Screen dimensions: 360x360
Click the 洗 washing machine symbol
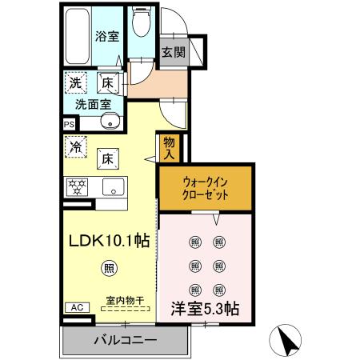pos(75,82)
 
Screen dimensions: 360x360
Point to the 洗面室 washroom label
pos(94,104)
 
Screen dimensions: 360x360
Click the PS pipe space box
pos(69,124)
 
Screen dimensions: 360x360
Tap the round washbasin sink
pos(111,122)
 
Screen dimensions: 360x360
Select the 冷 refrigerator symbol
pos(75,147)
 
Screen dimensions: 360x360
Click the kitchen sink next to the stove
pos(114,188)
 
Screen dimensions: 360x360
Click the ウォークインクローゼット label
pos(205,188)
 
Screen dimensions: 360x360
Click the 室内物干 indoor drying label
pos(123,301)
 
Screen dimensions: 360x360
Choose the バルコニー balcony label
pos(126,340)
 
